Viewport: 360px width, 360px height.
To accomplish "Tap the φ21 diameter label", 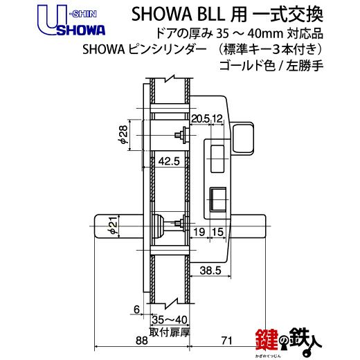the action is pos(113,226).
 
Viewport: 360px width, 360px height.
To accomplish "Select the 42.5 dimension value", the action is pos(169,161).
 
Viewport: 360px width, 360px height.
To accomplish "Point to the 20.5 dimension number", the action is pos(200,118).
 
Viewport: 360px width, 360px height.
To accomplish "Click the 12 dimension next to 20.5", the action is pos(217,118).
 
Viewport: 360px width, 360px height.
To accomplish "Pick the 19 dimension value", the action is pos(199,232).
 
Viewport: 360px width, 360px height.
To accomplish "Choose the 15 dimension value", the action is pos(217,232).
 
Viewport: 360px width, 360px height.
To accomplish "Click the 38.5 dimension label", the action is pos(210,270).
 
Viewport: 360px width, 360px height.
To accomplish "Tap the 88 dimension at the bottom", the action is pos(141,341).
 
